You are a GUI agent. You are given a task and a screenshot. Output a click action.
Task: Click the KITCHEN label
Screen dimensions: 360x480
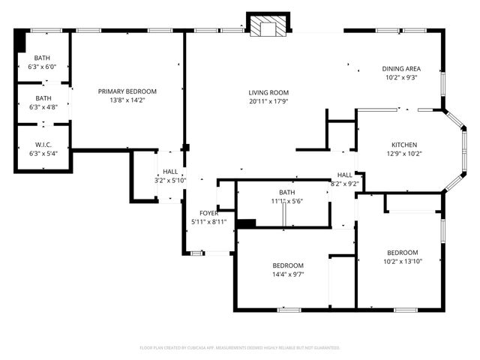coord(403,145)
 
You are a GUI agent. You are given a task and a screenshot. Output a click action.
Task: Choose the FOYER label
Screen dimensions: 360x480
coord(208,213)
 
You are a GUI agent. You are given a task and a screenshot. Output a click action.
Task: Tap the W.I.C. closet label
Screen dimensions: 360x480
coord(43,145)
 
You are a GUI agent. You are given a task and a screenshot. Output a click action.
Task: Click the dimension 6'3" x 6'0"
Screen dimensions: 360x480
coord(43,67)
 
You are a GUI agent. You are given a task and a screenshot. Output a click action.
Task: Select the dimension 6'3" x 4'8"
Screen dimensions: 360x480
coord(43,106)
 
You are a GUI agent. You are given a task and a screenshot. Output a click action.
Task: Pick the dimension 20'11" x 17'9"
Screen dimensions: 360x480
coord(268,102)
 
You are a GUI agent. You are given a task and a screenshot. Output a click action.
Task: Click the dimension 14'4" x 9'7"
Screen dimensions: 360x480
coord(287,274)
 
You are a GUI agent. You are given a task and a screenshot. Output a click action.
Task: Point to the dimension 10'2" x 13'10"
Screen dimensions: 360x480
coord(402,261)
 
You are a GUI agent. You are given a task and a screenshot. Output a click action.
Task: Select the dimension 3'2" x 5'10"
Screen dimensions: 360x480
coord(170,180)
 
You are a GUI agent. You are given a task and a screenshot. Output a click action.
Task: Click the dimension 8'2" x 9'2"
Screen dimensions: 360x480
coord(345,184)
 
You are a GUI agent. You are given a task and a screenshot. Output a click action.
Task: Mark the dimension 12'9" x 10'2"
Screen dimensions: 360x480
coord(403,154)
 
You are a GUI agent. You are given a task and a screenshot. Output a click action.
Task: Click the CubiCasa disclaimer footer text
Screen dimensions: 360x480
coord(240,347)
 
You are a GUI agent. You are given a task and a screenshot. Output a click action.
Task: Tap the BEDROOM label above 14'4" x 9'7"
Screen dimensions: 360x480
coord(287,265)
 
